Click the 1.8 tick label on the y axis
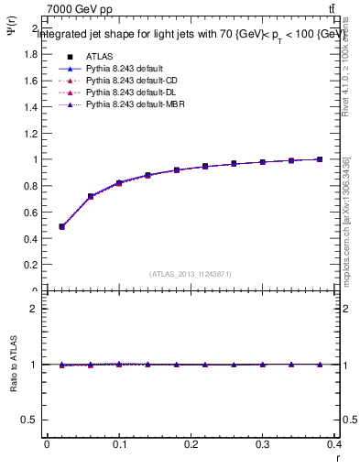coord(30,54)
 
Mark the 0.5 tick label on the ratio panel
coord(30,420)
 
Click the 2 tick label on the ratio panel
coord(35,309)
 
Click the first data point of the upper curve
coord(61,226)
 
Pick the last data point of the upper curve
coord(320,159)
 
